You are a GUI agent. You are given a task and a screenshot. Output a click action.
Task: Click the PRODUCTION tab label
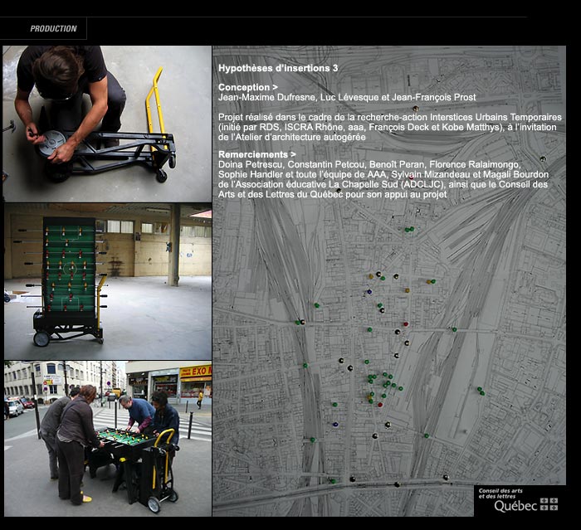(53, 28)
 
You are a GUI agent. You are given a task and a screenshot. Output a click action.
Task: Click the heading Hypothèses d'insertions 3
(278, 68)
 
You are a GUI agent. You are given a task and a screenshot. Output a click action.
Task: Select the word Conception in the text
(244, 87)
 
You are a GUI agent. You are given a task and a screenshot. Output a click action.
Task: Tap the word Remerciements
(252, 154)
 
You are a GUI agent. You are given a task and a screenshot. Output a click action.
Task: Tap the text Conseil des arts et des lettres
(500, 494)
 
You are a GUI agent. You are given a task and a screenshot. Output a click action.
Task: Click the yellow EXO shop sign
(196, 371)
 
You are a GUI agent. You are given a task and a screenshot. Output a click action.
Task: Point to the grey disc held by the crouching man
(52, 142)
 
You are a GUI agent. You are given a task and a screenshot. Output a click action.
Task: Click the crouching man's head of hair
(59, 66)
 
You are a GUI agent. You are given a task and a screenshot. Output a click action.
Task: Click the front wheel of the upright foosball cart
(41, 338)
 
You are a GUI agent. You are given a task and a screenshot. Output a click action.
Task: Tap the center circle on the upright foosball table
(69, 267)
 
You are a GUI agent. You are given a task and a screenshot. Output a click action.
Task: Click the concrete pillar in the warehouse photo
(174, 245)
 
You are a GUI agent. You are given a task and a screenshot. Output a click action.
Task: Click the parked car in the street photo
(15, 407)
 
